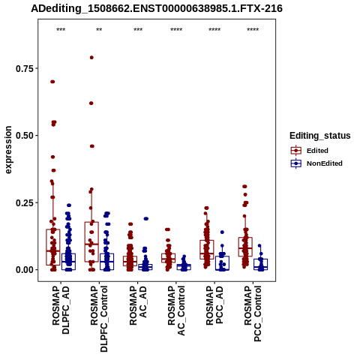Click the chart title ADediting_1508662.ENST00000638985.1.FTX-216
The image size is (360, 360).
pos(157,9)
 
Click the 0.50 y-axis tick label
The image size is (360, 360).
pos(24,136)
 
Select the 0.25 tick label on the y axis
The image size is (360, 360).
pos(24,202)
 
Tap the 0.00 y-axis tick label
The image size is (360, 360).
pos(24,270)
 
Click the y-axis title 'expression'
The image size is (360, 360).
pos(8,150)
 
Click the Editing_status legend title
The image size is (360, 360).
pos(320,136)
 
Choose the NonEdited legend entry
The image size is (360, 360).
pos(316,163)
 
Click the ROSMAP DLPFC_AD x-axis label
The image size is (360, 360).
pos(61,310)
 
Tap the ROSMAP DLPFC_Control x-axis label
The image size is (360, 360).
pos(99,319)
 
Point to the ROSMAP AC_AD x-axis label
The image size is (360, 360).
pos(138,305)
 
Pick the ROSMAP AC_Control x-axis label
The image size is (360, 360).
pos(176,310)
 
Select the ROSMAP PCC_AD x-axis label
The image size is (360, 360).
pos(214,305)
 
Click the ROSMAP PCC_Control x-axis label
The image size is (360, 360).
pos(253,313)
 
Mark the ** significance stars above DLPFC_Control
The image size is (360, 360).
pos(99,30)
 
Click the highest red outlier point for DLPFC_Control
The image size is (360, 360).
pos(91,58)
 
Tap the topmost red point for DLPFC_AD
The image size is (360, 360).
pos(52,82)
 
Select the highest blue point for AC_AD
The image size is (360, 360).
pos(146,219)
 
